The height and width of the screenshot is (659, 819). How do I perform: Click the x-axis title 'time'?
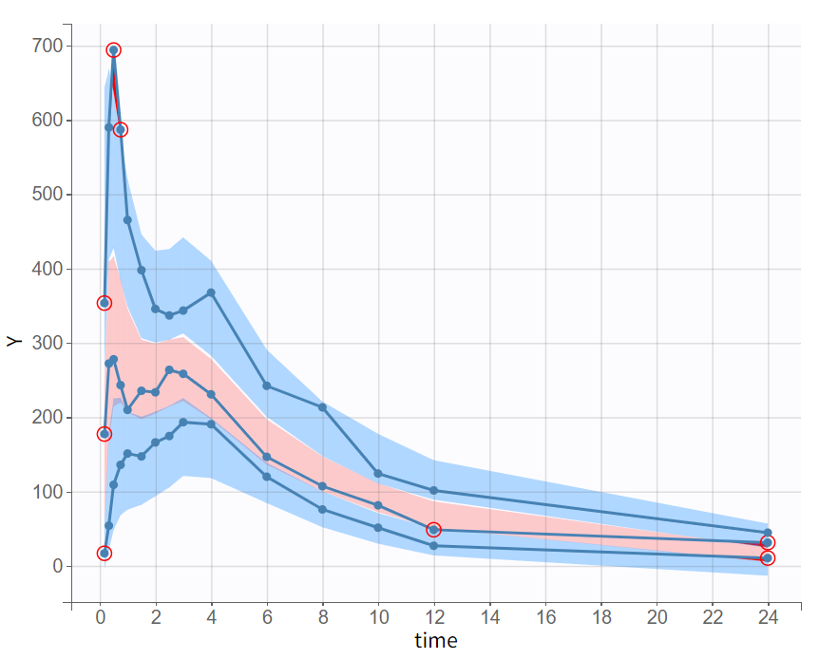tap(435, 641)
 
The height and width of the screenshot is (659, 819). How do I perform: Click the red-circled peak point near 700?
tap(113, 49)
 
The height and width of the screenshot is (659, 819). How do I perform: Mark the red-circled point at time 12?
tap(433, 529)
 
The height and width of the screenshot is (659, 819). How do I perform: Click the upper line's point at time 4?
tap(211, 292)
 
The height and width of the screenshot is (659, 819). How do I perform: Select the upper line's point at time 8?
tap(322, 407)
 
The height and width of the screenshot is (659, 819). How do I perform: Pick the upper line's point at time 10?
tap(378, 473)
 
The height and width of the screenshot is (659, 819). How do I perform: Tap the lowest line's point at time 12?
tap(433, 545)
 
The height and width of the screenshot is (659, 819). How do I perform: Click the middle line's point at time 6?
tap(267, 457)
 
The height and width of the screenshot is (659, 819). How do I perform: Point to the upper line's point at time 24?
tap(768, 533)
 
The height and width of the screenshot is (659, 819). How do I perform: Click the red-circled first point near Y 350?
tap(105, 303)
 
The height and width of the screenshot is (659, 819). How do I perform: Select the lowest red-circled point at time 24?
tap(768, 558)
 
